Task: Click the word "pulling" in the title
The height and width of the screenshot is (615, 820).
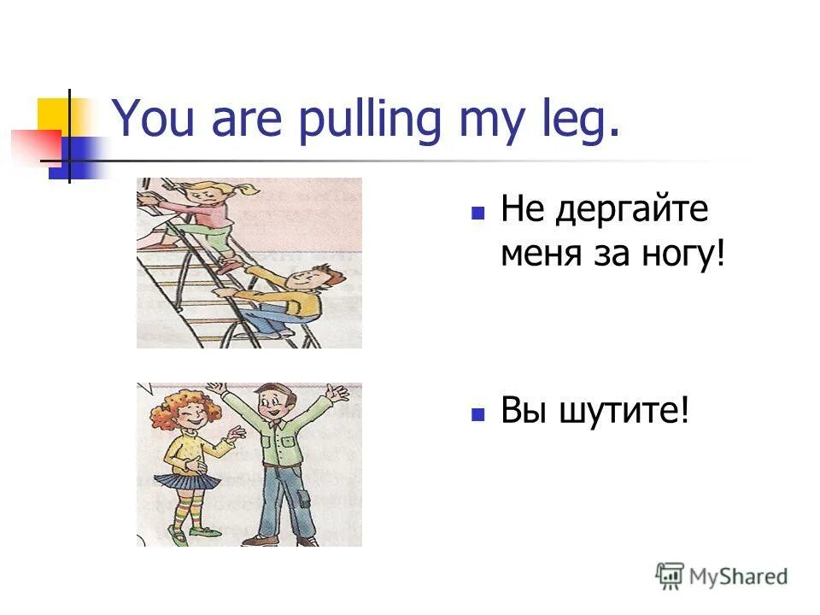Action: pos(368,120)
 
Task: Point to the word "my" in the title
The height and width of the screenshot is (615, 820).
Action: pos(484,122)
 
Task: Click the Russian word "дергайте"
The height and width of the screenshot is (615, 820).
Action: pos(632,210)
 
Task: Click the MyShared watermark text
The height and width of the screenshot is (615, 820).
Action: pos(739,577)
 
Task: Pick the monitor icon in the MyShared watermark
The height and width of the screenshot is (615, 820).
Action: pos(670,576)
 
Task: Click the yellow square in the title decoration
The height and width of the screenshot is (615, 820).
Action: pos(53,115)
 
